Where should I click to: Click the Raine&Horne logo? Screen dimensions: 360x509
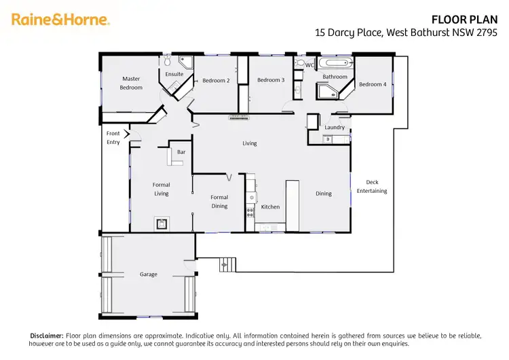60,20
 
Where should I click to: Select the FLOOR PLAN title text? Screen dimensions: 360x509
470,19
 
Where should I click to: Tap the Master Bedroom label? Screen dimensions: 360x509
131,83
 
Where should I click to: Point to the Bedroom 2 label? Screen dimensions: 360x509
216,81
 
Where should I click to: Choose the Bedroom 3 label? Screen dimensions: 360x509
270,80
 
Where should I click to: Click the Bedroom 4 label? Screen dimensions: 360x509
373,84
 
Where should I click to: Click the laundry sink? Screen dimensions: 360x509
327,139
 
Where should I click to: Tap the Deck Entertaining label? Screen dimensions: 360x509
372,186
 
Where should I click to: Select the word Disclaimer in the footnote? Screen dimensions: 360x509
47,336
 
